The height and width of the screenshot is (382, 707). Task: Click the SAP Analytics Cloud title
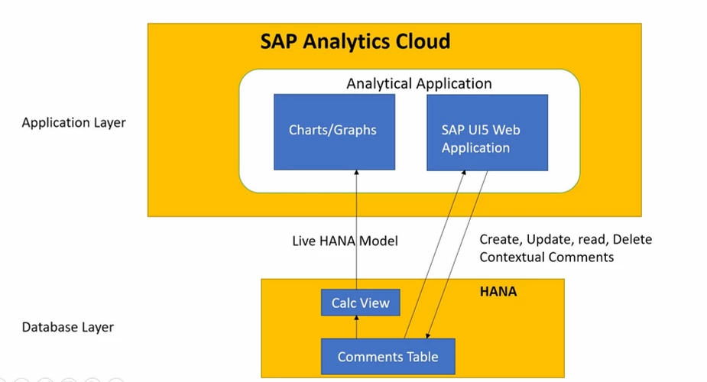coord(355,40)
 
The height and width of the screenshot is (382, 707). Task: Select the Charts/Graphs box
coord(334,131)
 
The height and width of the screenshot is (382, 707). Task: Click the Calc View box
coord(360,303)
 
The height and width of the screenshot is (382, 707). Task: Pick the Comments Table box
coord(388,357)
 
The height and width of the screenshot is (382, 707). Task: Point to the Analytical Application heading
coord(419,83)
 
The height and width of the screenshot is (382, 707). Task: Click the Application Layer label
coord(73,122)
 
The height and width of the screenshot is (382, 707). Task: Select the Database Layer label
coord(67,327)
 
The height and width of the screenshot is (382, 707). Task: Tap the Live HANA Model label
coord(345,241)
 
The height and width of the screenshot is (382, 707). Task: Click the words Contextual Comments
coord(546,257)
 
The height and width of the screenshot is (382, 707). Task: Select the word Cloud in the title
coord(418,40)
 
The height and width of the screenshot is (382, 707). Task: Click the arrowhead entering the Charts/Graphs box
coord(356,174)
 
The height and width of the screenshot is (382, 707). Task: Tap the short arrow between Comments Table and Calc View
coord(356,327)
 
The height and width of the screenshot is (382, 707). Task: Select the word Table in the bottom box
coord(420,357)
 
